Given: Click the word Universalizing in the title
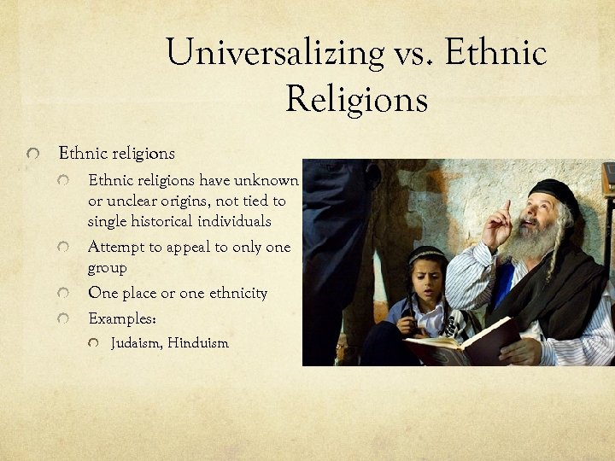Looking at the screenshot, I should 274,53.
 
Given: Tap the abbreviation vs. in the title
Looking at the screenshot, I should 418,53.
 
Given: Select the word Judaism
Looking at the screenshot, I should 137,343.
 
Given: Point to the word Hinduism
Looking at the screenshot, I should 198,343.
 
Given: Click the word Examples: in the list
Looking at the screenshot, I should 122,318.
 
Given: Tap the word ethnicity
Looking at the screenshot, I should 235,294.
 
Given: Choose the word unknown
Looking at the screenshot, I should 271,181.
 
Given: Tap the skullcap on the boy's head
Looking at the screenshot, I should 425,255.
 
